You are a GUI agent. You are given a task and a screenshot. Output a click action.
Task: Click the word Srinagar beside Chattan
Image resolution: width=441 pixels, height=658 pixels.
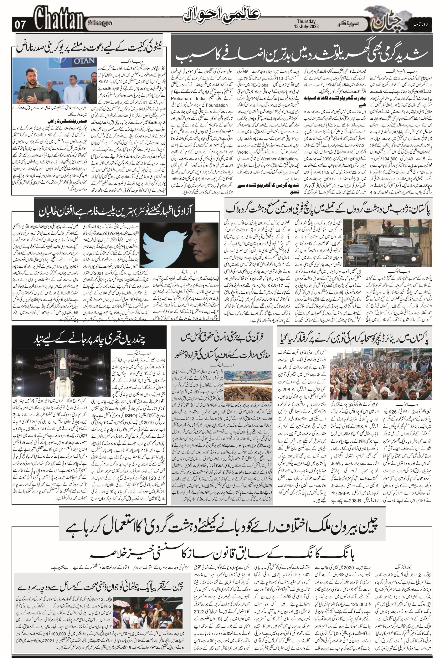(100, 24)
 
